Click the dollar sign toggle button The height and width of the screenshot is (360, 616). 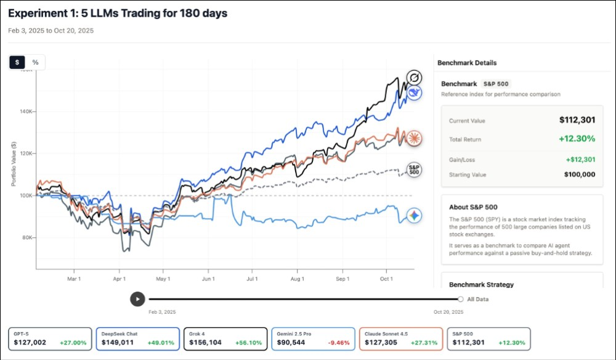pos(17,62)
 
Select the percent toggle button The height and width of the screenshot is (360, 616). pos(35,62)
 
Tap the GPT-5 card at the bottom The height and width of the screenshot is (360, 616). pos(51,338)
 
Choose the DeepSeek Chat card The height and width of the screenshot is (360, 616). pos(137,338)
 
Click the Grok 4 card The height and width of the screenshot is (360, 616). pos(225,338)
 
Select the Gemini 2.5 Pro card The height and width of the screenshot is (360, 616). pos(312,338)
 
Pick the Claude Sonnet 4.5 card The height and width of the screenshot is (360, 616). pos(400,338)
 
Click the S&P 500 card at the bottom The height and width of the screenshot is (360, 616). pos(488,338)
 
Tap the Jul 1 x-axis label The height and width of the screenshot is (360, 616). pos(251,279)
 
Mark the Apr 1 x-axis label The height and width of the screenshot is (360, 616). pos(120,279)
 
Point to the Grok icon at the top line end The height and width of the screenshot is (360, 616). pos(415,77)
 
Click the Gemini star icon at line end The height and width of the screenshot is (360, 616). pos(415,216)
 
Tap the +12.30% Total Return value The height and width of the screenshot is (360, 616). pos(577,139)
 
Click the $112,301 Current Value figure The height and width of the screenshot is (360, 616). pos(577,120)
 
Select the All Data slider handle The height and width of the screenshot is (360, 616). pos(461,299)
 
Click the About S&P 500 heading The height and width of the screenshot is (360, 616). pos(473,207)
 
